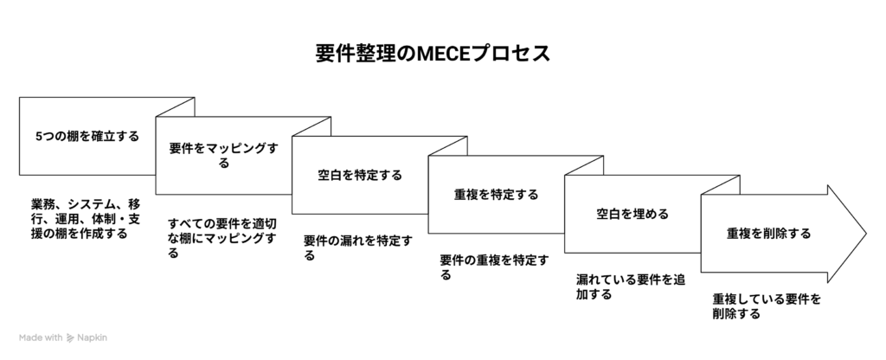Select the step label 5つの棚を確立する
[87, 137]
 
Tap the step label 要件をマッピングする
[224, 156]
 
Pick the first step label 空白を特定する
[360, 175]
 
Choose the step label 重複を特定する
[496, 195]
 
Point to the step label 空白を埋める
[632, 214]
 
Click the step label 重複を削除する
[768, 234]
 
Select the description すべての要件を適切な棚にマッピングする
[222, 238]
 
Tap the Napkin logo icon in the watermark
[69, 337]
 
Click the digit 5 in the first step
[38, 137]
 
